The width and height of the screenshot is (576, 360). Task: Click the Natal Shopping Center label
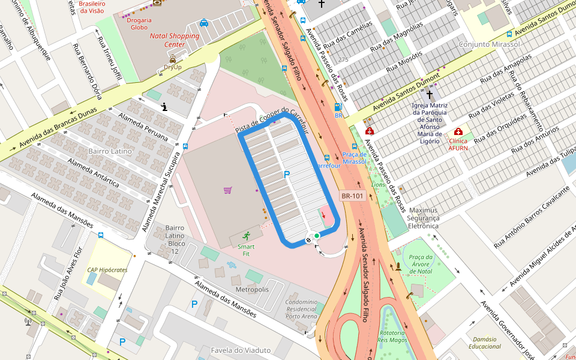tap(174, 40)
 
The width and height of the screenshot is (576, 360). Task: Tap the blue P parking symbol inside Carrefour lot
tap(287, 175)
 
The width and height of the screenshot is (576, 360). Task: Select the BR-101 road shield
tap(352, 196)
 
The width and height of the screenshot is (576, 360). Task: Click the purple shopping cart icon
tap(227, 190)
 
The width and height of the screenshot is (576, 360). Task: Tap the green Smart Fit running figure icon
tap(247, 236)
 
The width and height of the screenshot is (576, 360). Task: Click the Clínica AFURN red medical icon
tap(458, 131)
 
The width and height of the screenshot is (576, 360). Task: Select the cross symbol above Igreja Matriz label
tap(429, 94)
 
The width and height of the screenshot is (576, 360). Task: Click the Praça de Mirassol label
tap(354, 158)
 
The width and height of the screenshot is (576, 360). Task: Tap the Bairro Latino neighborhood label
tap(110, 151)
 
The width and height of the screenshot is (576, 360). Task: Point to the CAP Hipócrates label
tap(107, 270)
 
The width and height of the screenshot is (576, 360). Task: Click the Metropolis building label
tap(252, 289)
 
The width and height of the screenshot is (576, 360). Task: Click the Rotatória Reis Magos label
tap(392, 336)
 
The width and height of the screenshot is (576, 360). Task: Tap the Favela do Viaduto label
tap(241, 350)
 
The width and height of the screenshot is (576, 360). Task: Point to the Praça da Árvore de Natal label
tap(421, 264)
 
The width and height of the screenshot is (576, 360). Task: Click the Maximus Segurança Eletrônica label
tap(424, 218)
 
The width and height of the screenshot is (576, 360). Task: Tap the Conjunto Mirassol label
tap(489, 45)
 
